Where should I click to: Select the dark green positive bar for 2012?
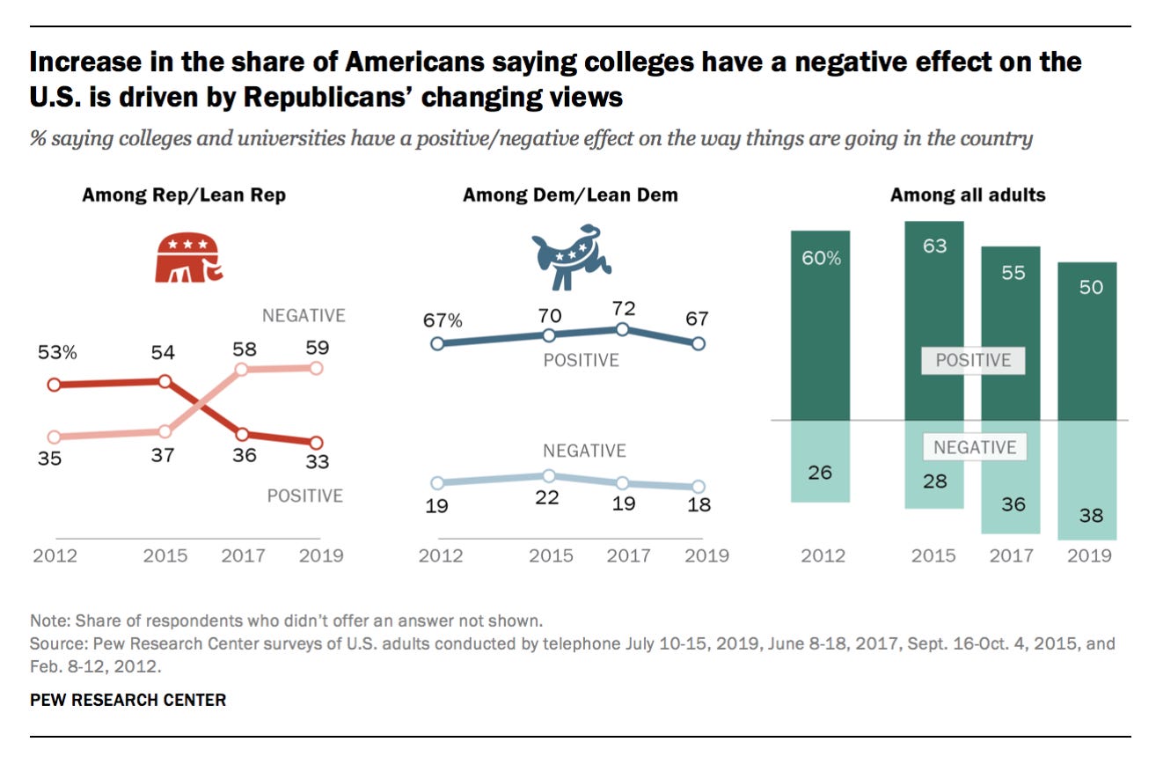[821, 326]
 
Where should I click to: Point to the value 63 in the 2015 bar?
[934, 246]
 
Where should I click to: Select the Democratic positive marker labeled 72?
[622, 329]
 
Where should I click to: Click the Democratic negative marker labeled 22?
[548, 475]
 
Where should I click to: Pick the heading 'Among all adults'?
[968, 195]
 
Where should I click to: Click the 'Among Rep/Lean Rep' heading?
[184, 195]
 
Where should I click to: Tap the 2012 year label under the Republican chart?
[55, 555]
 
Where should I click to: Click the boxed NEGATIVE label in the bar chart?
[974, 447]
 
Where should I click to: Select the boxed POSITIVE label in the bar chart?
[973, 361]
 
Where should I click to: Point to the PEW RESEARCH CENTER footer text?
[128, 701]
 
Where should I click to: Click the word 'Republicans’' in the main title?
[333, 97]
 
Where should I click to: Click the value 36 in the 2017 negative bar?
[1013, 504]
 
